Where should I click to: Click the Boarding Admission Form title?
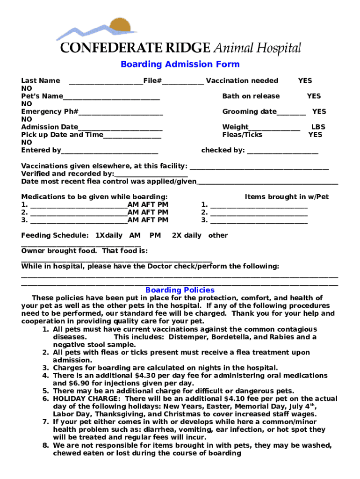[180, 65]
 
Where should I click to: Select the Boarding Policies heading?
[180, 290]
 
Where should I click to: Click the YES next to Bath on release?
[314, 96]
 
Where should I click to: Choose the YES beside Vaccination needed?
[305, 80]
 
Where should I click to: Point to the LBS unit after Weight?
[318, 127]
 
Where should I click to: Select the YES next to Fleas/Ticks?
[315, 135]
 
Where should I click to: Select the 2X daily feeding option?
[187, 235]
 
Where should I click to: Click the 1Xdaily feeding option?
[108, 235]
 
